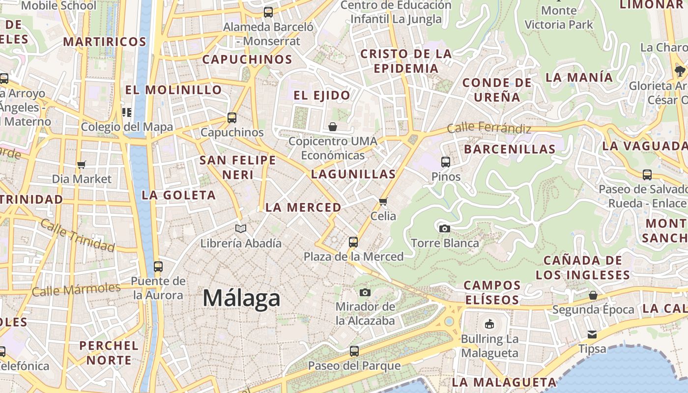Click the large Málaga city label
(241, 298)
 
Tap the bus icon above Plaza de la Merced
(353, 242)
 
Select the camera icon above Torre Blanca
(444, 228)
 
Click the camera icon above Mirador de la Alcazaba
(365, 293)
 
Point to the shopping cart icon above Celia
(383, 201)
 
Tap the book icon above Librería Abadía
(240, 228)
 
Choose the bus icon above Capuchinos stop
(232, 118)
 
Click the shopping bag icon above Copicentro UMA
(333, 127)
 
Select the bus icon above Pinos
(446, 162)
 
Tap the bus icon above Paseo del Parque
(354, 351)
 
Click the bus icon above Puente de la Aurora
(158, 267)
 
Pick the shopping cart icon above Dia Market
(82, 165)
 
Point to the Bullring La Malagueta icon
(489, 324)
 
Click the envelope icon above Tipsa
(592, 335)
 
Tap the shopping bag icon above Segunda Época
(593, 295)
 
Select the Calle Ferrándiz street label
(489, 128)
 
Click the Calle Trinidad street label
(78, 235)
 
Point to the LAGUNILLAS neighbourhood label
(353, 174)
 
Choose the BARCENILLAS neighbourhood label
(510, 149)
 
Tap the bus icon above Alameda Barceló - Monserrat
(268, 12)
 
